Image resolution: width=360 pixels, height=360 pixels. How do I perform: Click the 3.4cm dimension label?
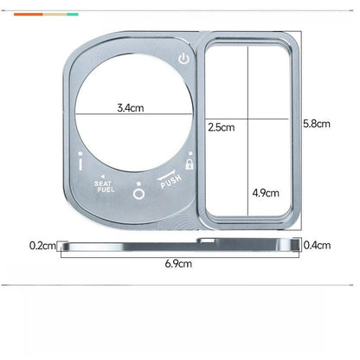pos(131,108)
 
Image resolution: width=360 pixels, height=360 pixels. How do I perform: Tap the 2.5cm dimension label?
pos(222,127)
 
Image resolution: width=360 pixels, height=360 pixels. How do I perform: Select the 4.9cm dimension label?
pos(266,193)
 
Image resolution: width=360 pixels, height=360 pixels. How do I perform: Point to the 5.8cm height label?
pos(317,124)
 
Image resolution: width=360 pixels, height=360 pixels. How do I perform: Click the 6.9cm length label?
pos(178,264)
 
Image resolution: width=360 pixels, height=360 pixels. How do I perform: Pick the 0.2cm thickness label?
pos(42,246)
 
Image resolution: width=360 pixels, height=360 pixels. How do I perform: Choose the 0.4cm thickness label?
pos(317,246)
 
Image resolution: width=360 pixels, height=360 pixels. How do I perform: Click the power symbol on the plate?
pos(183,59)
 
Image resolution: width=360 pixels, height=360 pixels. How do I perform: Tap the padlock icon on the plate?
pos(190,164)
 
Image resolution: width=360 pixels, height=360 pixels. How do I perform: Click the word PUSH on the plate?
pos(171,182)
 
